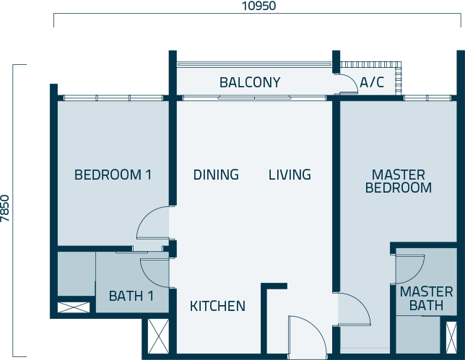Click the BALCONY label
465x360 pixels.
click(250, 83)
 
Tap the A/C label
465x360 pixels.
click(372, 83)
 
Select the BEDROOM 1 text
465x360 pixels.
click(113, 175)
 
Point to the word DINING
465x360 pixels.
click(216, 175)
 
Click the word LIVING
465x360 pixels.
click(290, 175)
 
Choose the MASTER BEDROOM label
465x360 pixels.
click(399, 181)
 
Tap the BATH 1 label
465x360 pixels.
click(131, 296)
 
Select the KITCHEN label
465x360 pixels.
click(217, 306)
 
